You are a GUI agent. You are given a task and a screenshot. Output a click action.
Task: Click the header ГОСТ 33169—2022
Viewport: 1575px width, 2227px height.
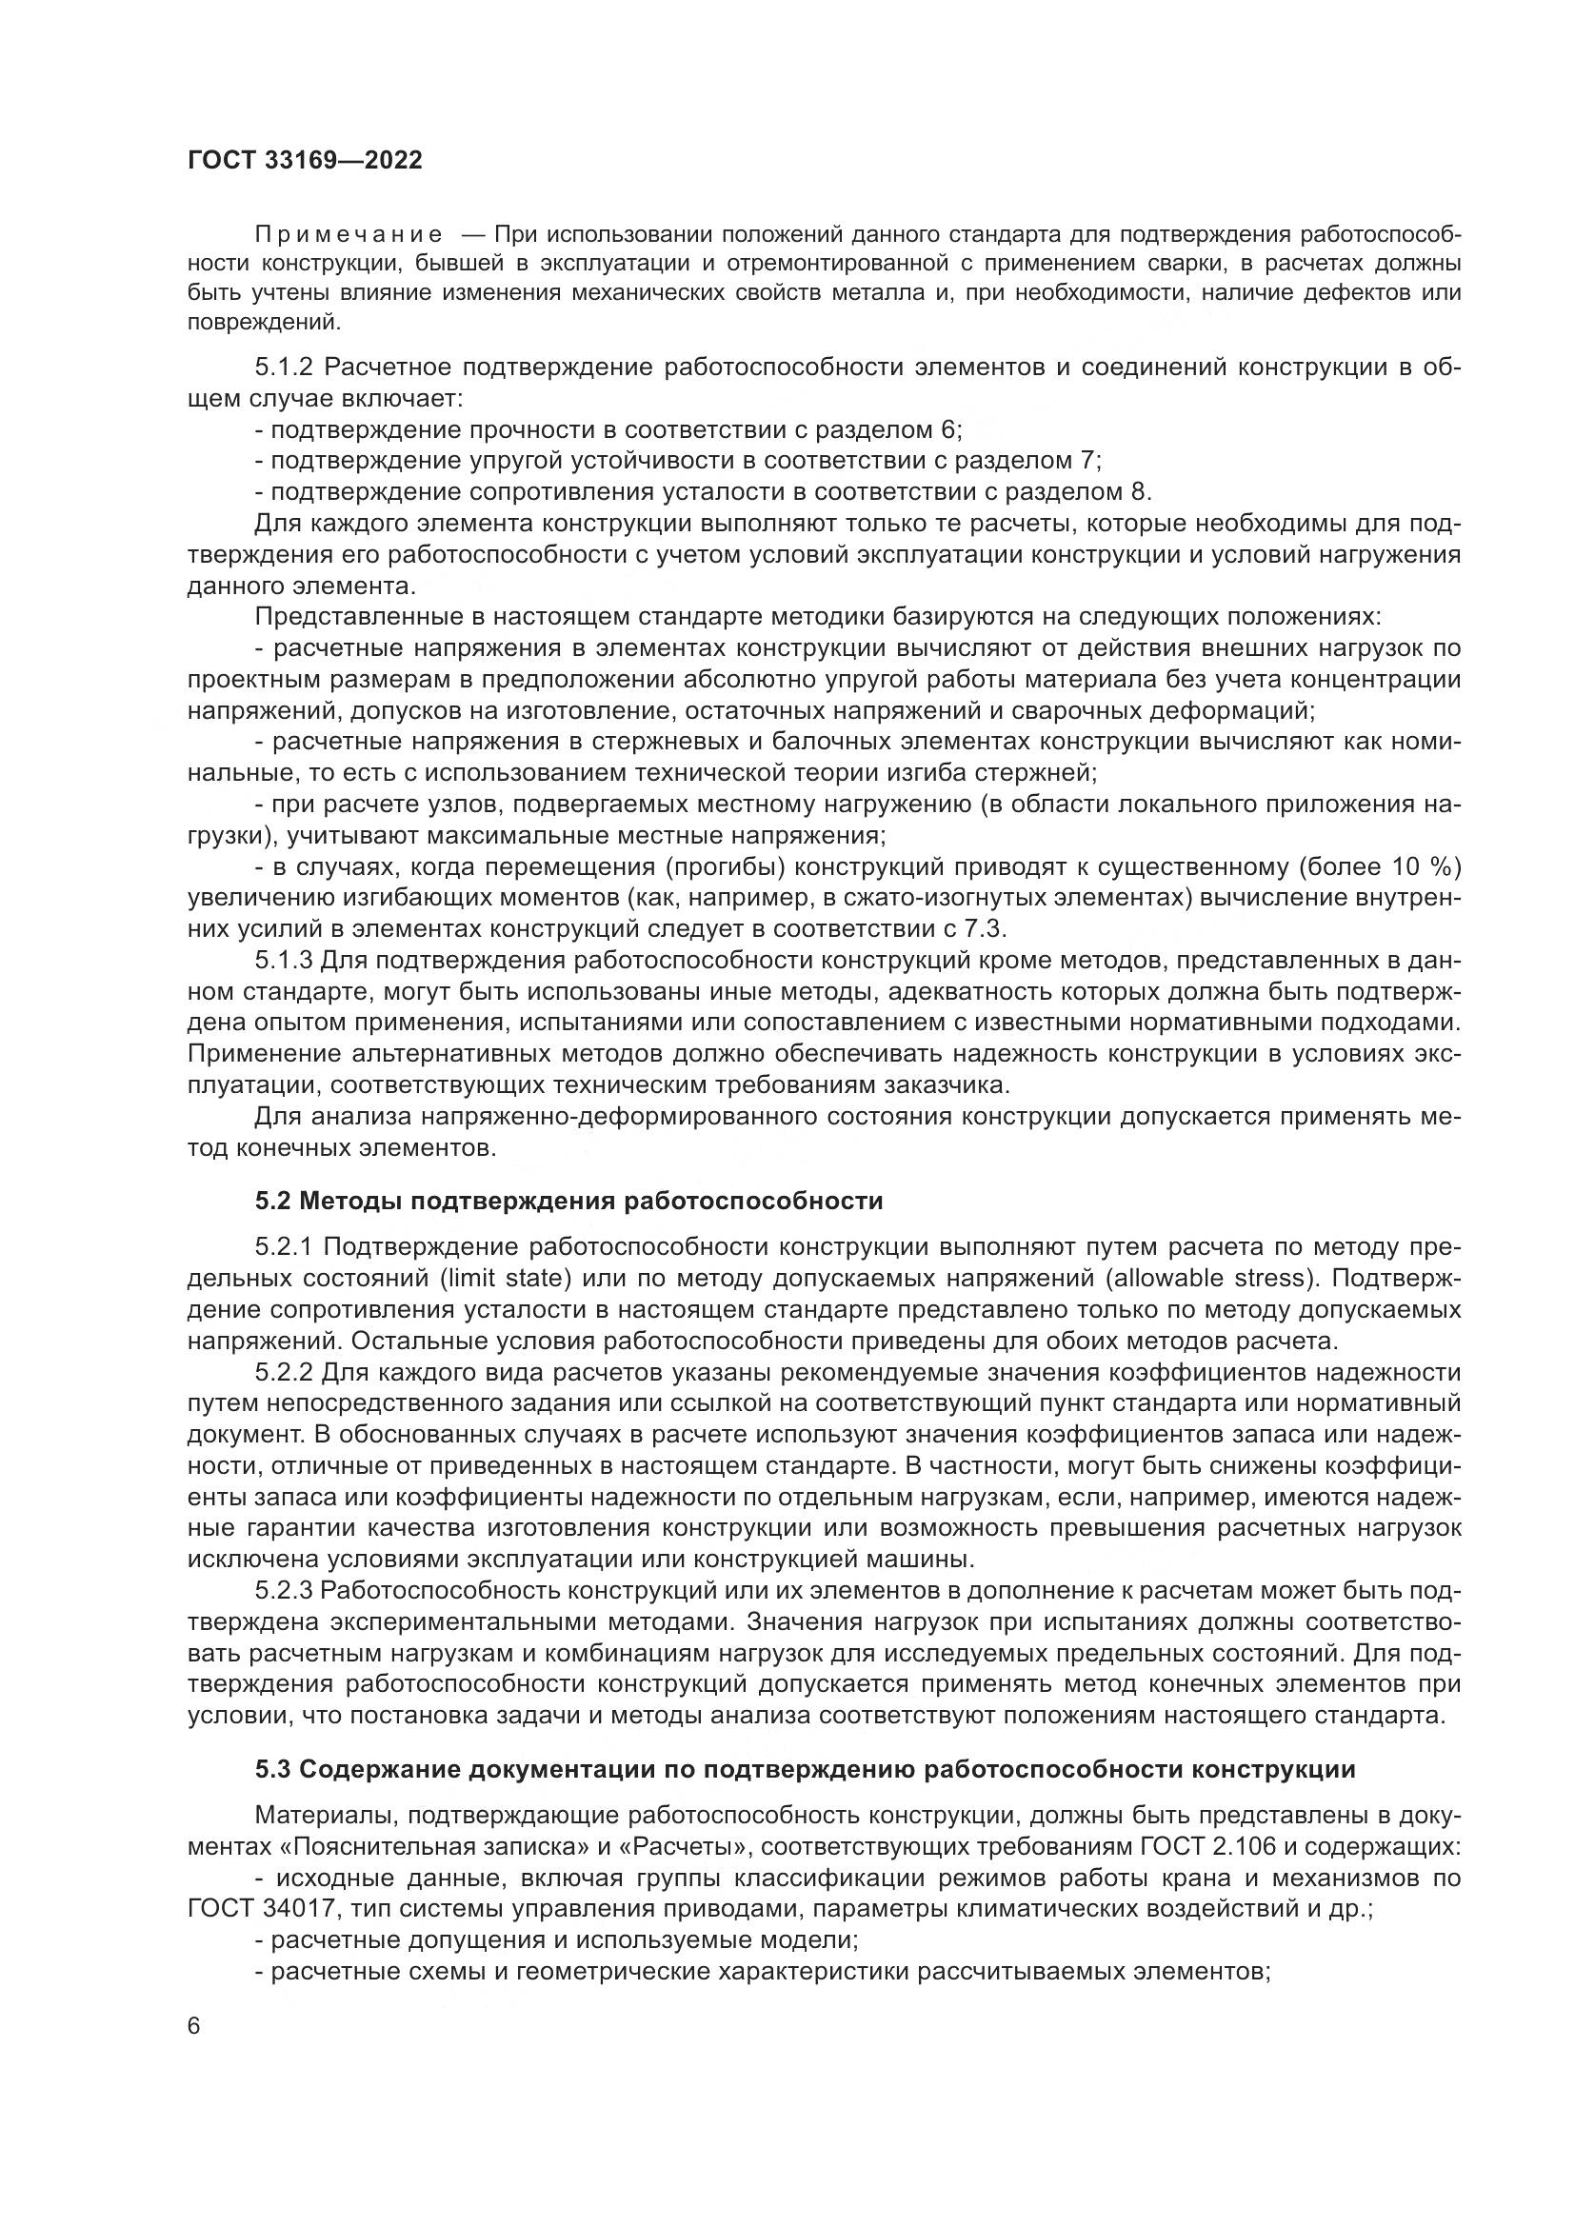pyautogui.click(x=305, y=160)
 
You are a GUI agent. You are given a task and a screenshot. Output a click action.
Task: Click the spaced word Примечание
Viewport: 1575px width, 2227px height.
pyautogui.click(x=349, y=235)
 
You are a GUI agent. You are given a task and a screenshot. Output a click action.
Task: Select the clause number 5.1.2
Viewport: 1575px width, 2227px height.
pyautogui.click(x=284, y=367)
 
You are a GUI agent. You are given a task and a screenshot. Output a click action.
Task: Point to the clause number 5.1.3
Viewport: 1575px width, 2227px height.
pyautogui.click(x=284, y=961)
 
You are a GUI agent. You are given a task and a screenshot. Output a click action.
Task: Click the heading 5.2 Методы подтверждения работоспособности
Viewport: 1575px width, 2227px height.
pyautogui.click(x=569, y=1201)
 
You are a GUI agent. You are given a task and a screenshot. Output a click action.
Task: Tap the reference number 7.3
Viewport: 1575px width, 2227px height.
pyautogui.click(x=987, y=928)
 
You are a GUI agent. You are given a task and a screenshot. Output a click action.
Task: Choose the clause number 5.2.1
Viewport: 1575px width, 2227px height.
pyautogui.click(x=284, y=1246)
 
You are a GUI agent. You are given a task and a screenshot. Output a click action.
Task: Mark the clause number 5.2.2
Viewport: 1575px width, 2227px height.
pyautogui.click(x=284, y=1373)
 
